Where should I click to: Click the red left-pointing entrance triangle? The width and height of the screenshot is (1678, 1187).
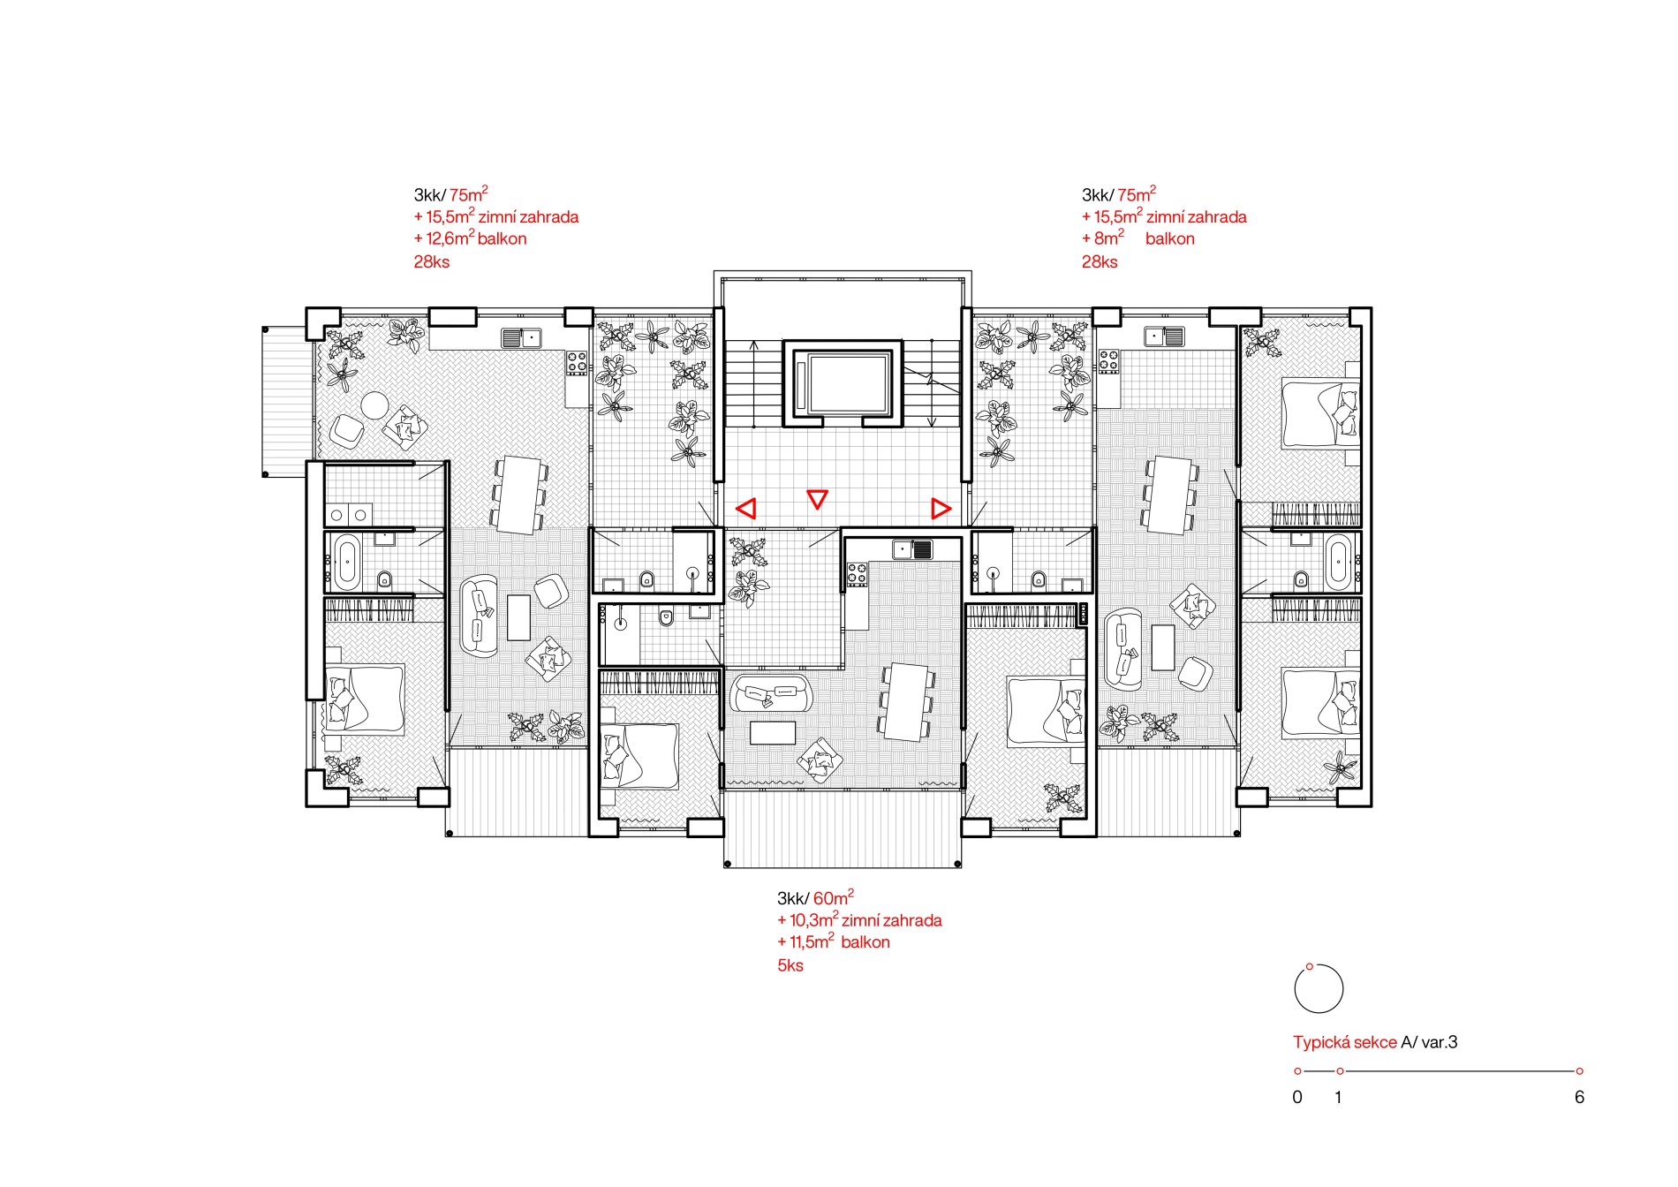tap(746, 508)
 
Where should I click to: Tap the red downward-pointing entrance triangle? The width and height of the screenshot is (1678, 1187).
tap(818, 499)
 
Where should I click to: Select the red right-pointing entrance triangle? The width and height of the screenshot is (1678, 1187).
tap(941, 508)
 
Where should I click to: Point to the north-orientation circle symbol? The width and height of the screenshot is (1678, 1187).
tap(1319, 988)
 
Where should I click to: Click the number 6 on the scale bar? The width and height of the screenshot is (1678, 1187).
tap(1579, 1097)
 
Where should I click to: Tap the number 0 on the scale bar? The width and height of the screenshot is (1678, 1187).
tap(1297, 1097)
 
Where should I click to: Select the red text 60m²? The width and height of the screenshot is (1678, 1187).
tap(834, 897)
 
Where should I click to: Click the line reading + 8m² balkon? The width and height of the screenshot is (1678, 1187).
tap(1138, 238)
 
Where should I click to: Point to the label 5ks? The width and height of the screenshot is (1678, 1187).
tap(790, 965)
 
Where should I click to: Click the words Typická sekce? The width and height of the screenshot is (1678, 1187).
tap(1345, 1042)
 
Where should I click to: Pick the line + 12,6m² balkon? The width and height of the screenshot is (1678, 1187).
tap(471, 238)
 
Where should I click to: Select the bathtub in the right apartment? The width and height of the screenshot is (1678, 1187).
tap(1336, 562)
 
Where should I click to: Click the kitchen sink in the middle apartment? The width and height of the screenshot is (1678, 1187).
tap(912, 549)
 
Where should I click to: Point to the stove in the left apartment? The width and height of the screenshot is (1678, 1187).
tap(577, 362)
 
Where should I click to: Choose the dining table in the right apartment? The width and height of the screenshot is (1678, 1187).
tap(1171, 495)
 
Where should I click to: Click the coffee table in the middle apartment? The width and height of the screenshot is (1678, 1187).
tap(773, 733)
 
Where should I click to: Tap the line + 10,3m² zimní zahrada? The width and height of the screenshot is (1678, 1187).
tap(859, 920)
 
